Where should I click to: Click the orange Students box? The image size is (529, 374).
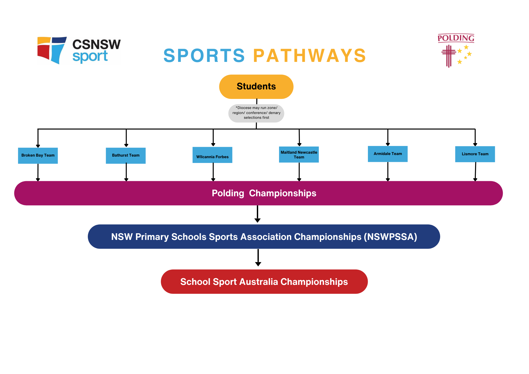[x=256, y=86]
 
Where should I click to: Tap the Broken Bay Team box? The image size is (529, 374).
[x=38, y=156]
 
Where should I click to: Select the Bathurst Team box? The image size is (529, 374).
[x=126, y=156]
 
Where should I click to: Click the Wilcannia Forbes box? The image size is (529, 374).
[x=212, y=155]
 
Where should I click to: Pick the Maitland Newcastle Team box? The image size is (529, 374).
[x=299, y=154]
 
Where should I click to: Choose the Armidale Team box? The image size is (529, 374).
[x=388, y=154]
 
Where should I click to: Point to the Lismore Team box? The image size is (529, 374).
[x=475, y=154]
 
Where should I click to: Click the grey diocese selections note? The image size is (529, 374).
[x=256, y=113]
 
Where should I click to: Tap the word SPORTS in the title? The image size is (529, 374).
[x=204, y=56]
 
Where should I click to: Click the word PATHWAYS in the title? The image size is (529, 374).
[x=309, y=56]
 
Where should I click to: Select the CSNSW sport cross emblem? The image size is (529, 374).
[x=52, y=50]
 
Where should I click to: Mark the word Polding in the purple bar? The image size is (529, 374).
[x=228, y=193]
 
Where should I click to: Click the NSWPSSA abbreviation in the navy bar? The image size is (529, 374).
[x=390, y=237]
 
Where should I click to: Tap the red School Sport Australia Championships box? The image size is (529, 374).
[x=264, y=282]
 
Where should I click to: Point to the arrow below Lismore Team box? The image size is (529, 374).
[x=475, y=172]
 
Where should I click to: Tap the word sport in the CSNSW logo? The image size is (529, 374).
[x=90, y=57]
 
